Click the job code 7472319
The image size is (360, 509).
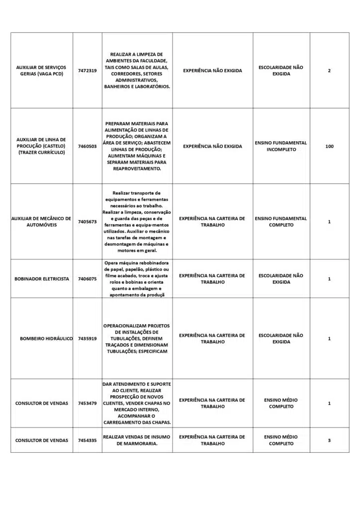click(87, 71)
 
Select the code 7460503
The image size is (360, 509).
click(87, 146)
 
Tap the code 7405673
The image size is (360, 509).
click(87, 222)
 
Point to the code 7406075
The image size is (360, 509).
click(87, 279)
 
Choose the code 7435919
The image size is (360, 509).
click(87, 339)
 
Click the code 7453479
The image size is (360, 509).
click(87, 403)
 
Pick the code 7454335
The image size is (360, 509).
click(87, 440)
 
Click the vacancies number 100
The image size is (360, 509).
click(329, 146)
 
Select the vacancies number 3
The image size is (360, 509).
click(329, 440)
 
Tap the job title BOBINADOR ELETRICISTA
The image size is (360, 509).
click(42, 279)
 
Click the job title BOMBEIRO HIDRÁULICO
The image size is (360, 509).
click(46, 339)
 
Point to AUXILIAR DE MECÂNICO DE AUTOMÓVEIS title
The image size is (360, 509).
click(42, 222)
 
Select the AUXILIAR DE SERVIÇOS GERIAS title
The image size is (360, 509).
click(42, 71)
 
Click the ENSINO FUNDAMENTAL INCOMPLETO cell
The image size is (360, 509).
click(281, 146)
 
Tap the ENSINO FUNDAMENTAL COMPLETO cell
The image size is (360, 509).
click(281, 222)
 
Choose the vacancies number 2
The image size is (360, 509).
click(329, 71)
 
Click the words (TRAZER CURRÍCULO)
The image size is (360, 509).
click(42, 153)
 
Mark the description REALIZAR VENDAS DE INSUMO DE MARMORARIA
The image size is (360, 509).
click(137, 440)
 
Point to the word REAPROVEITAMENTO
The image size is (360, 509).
click(137, 169)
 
